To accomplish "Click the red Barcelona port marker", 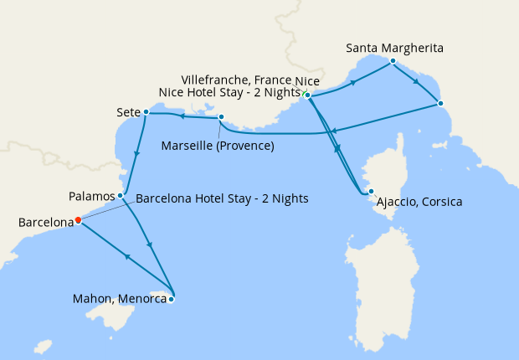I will (x=78, y=220).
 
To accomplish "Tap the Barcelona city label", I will (x=45, y=224).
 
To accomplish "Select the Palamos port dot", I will (x=121, y=196).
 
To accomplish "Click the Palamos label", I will (x=92, y=197).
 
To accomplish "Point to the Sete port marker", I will (x=146, y=111).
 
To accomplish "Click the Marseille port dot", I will (x=221, y=117).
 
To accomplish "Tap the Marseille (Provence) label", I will (x=218, y=147).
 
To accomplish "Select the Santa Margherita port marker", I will (x=393, y=61).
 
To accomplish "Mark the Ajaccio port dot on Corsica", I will (x=371, y=192).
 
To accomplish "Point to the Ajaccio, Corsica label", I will (x=419, y=203).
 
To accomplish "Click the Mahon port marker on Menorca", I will (x=172, y=299).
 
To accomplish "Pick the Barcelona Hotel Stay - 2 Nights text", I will (x=222, y=199).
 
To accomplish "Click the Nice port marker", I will (x=308, y=95).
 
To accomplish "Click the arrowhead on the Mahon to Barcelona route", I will (x=126, y=257).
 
